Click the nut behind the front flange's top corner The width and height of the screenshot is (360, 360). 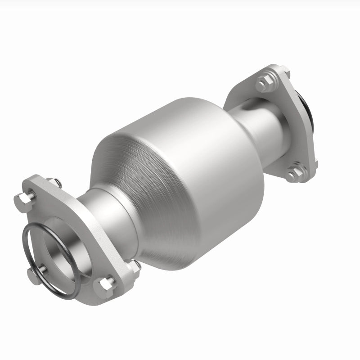pyautogui.click(x=58, y=183)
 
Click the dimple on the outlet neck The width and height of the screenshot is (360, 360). pyautogui.click(x=247, y=107)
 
